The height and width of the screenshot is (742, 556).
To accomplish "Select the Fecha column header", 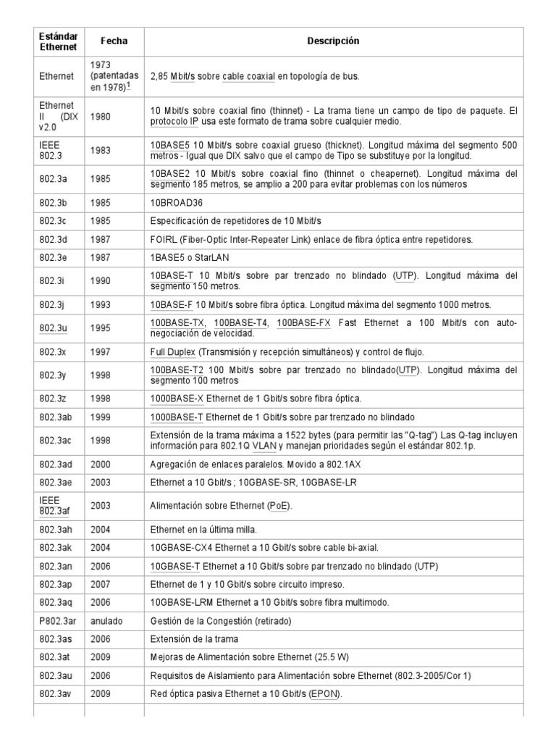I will [114, 41].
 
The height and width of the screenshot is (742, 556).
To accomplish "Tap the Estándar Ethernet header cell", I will [59, 41].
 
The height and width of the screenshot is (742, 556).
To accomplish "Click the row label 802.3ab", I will [55, 417].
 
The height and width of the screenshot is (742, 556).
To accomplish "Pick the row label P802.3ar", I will [58, 622].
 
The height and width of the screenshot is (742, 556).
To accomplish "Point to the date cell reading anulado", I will [106, 622].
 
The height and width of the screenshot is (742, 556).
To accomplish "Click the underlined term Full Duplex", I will [172, 351].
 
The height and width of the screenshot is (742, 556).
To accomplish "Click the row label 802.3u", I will [53, 328].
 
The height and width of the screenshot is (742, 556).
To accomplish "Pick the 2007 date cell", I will [101, 584].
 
